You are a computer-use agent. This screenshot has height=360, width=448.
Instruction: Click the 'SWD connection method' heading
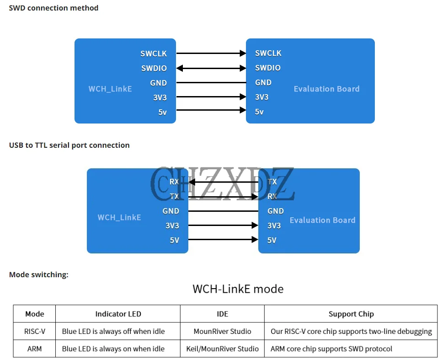point(53,8)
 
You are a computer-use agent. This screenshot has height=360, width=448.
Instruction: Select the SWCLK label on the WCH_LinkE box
point(154,54)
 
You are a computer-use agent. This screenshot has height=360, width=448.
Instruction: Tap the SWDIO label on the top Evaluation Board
point(268,68)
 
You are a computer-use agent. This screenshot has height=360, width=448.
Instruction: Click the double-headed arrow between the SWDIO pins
point(211,68)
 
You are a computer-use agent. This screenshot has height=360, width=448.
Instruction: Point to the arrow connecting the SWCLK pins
point(211,54)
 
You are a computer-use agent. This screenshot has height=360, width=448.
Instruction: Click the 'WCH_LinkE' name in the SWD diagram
point(110,88)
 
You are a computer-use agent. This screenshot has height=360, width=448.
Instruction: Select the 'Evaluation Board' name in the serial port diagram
point(322,220)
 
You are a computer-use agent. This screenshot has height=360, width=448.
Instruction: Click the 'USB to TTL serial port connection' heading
point(69,145)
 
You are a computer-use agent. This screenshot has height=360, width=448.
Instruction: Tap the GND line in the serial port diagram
point(223,211)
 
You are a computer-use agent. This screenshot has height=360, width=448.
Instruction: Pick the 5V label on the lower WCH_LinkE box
point(174,240)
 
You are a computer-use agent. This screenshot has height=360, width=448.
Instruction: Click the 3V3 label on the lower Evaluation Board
point(274,226)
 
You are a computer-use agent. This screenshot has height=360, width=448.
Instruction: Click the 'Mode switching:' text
point(39,274)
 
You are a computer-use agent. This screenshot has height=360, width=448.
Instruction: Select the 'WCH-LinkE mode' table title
point(238,289)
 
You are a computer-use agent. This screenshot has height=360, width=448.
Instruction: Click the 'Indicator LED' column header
point(118,314)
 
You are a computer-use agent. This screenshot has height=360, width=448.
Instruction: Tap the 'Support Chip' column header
point(351,314)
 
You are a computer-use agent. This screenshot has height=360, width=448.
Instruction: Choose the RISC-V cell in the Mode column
point(34,331)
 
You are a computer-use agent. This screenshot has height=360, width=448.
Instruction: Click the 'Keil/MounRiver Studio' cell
point(222,349)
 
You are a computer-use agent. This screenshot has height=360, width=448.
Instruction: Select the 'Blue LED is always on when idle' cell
point(113,349)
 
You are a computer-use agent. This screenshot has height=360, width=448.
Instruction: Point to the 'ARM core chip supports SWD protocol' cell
point(331,349)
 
